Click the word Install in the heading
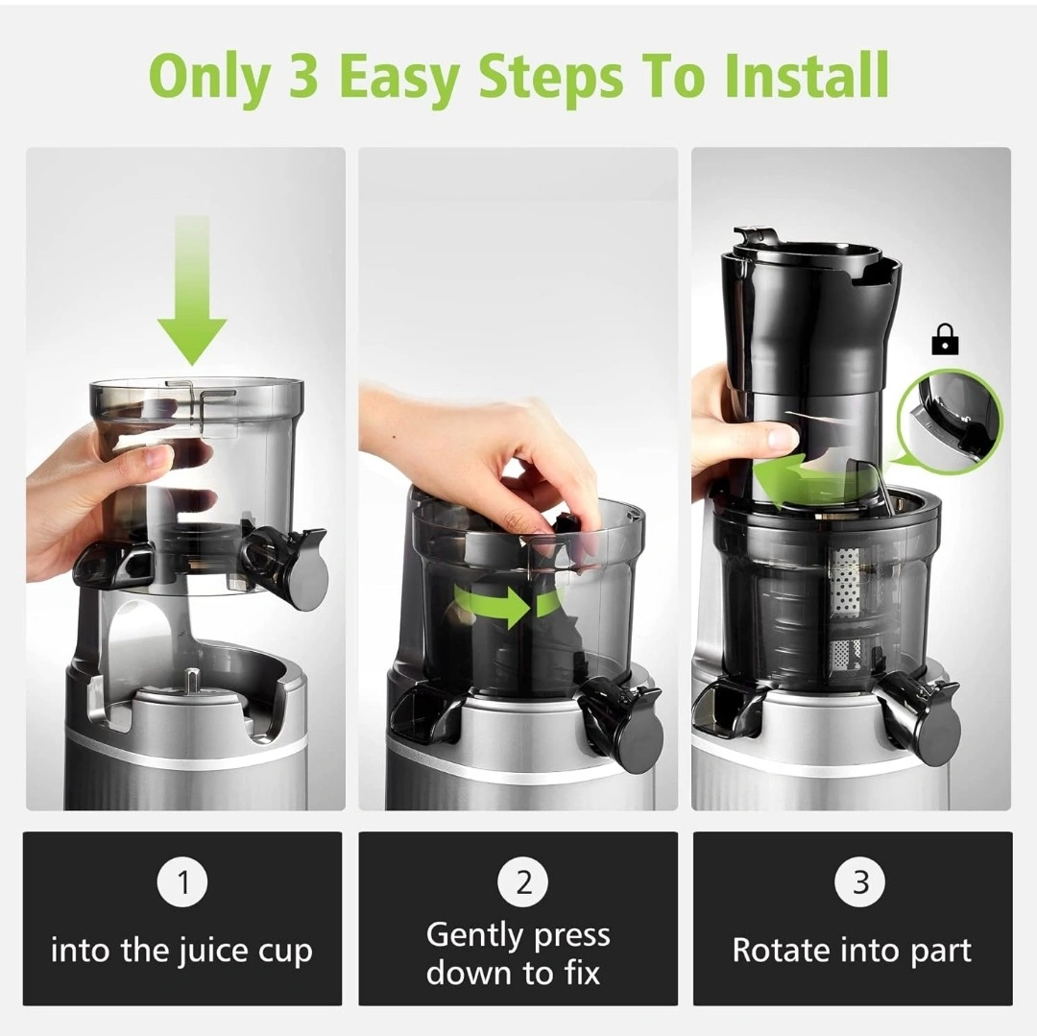(806, 75)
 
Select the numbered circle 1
(182, 882)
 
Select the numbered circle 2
(523, 882)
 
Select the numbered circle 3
(860, 882)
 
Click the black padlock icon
(946, 339)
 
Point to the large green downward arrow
(192, 291)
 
